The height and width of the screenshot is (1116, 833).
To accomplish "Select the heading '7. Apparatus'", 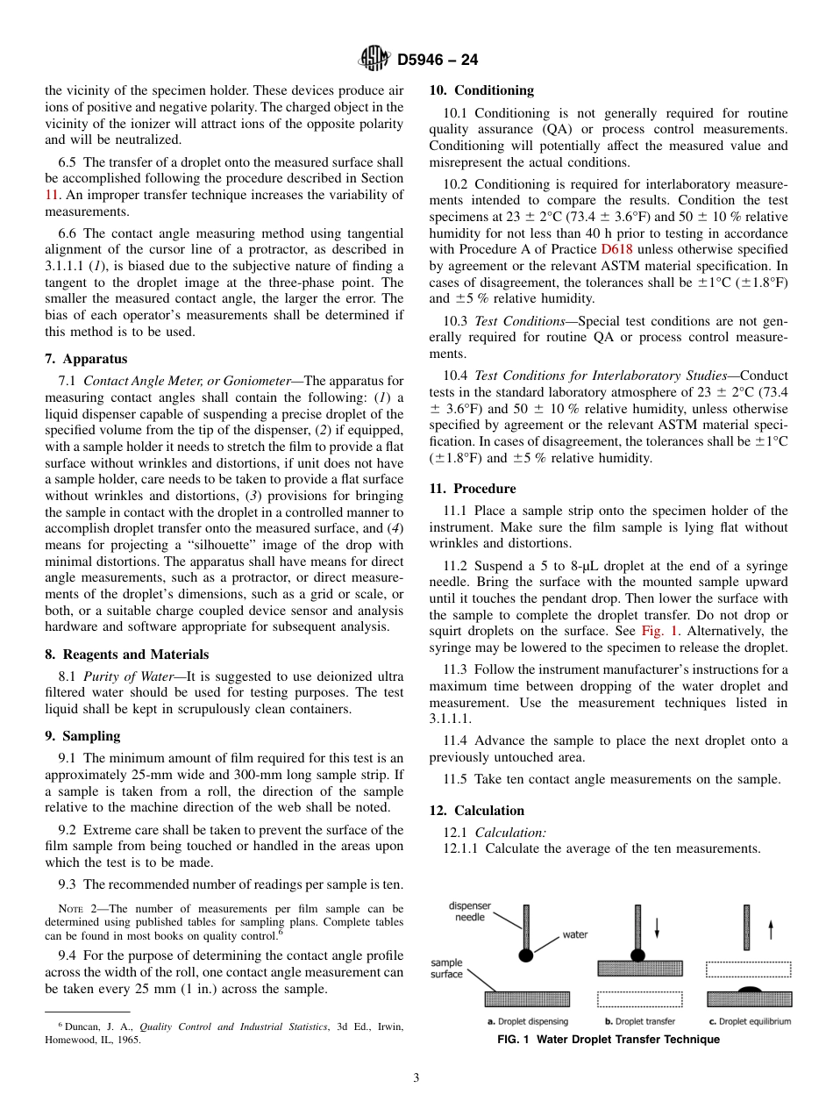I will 86,359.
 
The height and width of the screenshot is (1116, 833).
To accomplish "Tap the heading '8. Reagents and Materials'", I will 126,655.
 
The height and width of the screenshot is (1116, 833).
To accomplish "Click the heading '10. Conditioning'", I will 481,90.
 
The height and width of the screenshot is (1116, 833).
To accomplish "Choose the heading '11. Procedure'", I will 473,489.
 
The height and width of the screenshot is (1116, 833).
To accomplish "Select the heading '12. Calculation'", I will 477,811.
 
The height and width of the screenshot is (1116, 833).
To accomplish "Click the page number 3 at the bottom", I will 416,1077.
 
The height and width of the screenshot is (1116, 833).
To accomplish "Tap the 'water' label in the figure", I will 574,934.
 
